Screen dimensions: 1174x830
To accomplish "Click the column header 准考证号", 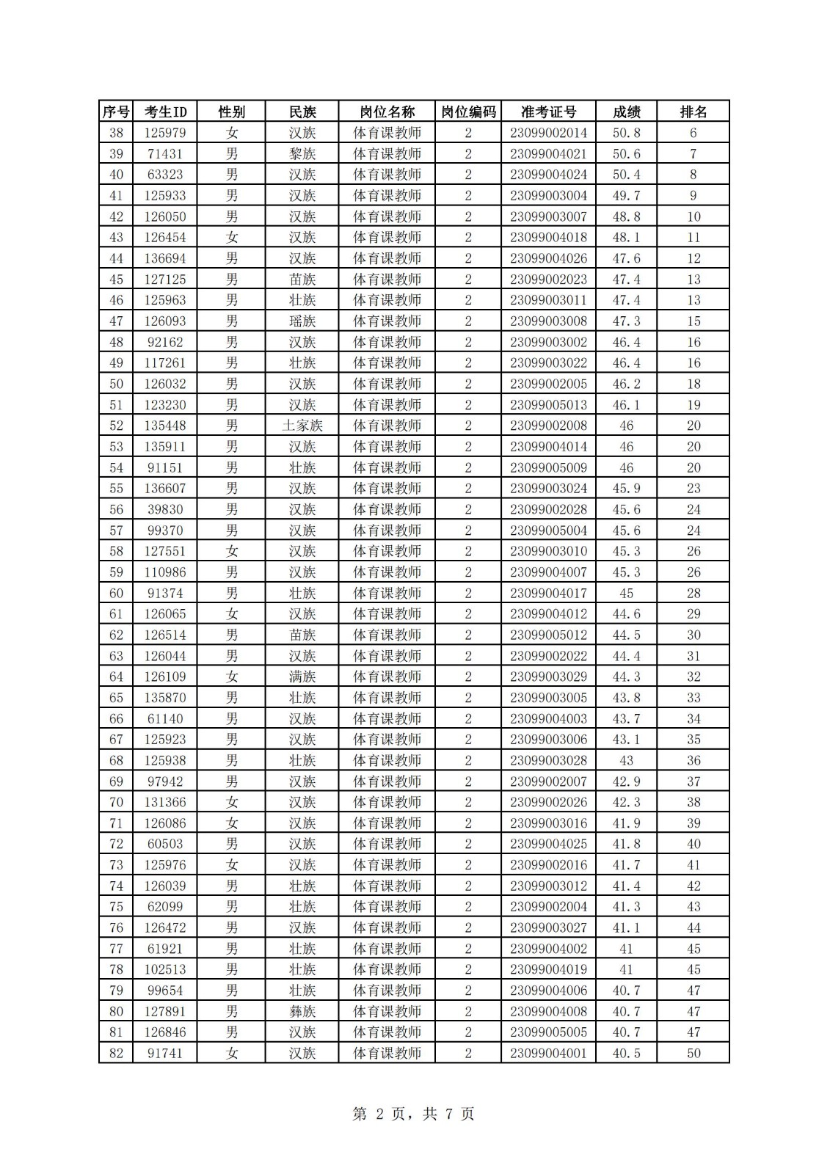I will click(x=548, y=112).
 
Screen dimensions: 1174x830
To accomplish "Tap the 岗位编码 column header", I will click(x=468, y=112).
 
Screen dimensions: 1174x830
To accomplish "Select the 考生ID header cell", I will click(x=165, y=112).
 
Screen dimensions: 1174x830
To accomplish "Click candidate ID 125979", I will click(x=165, y=133).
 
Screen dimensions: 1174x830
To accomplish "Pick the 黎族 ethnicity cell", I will click(x=302, y=154).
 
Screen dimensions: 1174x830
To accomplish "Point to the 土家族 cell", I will click(x=302, y=426).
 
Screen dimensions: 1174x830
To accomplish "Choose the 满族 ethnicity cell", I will click(x=302, y=677).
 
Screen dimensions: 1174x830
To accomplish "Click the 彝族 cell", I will click(x=302, y=1011).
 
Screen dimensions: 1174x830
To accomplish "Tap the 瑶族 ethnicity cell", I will click(x=302, y=321).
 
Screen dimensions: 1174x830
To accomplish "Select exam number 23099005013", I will click(x=548, y=405).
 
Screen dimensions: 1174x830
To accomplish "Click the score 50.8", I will click(x=626, y=133).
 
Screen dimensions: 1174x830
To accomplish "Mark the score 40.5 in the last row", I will click(x=626, y=1053).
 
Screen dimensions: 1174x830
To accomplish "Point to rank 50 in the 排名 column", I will click(x=694, y=1053).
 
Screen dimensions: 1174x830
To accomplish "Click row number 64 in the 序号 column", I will click(x=116, y=677).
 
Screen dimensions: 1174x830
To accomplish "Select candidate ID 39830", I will click(x=165, y=509).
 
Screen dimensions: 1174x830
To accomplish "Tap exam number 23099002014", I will click(x=548, y=133).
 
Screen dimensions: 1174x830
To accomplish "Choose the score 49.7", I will click(x=626, y=196).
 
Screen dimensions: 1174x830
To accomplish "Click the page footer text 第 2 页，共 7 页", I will click(x=414, y=1114).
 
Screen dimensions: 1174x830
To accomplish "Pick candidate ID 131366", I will click(x=165, y=802).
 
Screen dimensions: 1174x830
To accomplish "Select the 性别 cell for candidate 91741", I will click(x=232, y=1053).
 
